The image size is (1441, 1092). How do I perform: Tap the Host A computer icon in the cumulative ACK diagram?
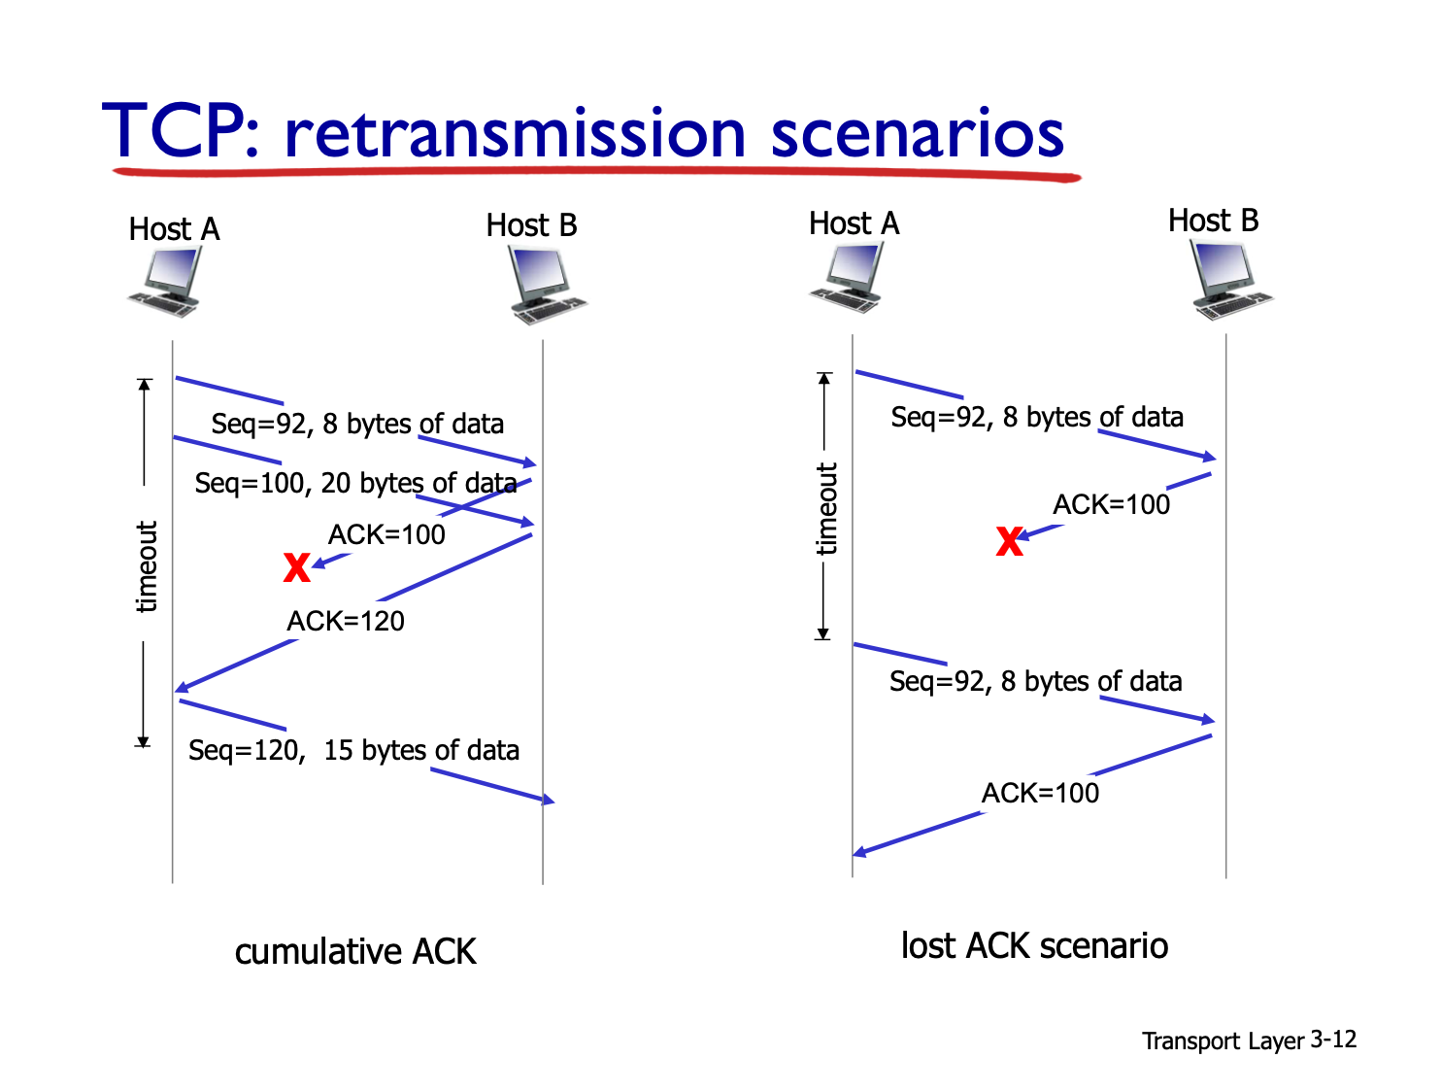165,281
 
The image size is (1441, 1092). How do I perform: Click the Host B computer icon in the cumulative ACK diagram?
548,285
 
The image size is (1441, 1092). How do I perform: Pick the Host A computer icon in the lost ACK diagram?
846,277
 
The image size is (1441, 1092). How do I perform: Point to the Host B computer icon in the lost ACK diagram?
1231,279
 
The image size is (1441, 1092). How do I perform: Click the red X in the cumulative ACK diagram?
296,567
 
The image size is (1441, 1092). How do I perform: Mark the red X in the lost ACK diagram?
1009,541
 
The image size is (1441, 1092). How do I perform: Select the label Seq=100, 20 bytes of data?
355,483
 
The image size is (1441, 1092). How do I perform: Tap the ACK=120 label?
346,621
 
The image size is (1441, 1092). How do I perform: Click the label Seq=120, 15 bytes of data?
353,750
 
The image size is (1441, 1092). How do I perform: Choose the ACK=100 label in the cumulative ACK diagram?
386,534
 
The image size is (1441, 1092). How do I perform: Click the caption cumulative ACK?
355,951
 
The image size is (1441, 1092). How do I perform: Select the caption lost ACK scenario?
1034,945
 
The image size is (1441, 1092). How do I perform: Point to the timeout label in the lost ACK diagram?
826,509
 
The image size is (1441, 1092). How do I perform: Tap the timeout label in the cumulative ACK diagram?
146,566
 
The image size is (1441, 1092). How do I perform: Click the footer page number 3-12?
1332,1039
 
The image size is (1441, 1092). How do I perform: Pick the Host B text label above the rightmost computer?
1213,220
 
